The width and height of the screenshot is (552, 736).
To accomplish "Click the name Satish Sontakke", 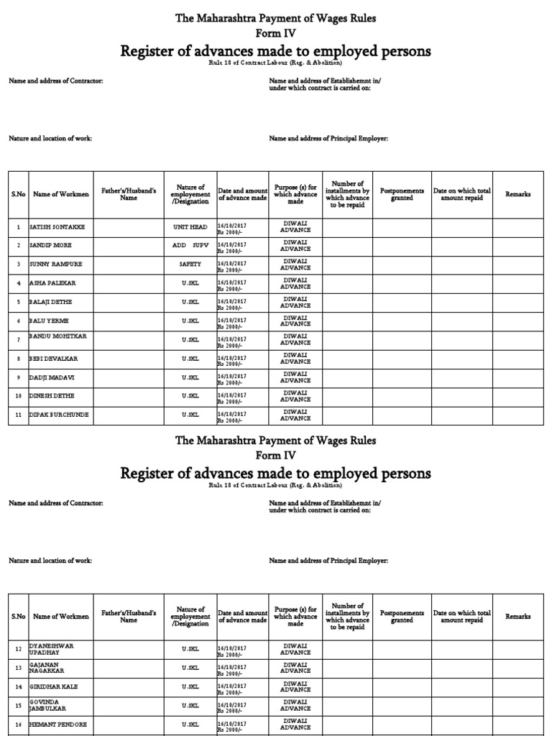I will click(57, 226).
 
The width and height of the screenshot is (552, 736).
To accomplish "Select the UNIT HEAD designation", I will click(190, 226).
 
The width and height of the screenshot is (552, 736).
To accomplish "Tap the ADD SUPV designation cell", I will click(190, 245).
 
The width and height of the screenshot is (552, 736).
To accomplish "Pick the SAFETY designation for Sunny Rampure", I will click(190, 264).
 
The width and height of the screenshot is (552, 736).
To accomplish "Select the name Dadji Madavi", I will click(52, 377).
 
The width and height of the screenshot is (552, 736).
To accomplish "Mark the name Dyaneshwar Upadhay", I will click(51, 649).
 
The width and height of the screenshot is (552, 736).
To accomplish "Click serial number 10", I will click(18, 396).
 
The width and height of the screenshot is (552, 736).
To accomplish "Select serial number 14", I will click(18, 687).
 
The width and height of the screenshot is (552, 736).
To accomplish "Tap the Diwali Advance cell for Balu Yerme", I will click(295, 321).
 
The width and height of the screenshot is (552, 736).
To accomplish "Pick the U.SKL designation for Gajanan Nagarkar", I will click(190, 668).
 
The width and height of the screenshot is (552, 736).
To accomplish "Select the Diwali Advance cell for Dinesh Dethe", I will click(295, 396).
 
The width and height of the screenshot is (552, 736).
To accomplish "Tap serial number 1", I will click(18, 227).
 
